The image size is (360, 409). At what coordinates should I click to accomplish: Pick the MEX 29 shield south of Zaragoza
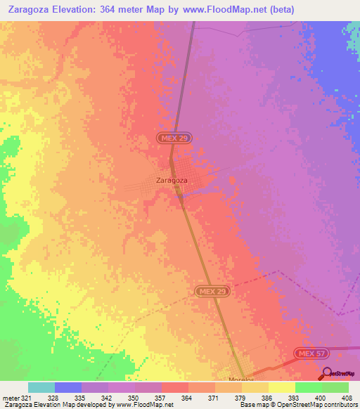pyautogui.click(x=212, y=291)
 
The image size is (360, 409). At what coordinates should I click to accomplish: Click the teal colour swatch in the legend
pyautogui.click(x=41, y=387)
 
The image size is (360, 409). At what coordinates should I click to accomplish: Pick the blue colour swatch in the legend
pyautogui.click(x=68, y=387)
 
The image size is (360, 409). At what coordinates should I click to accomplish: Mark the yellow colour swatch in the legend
pyautogui.click(x=281, y=387)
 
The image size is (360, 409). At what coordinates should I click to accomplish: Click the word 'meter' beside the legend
pyautogui.click(x=10, y=396)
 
